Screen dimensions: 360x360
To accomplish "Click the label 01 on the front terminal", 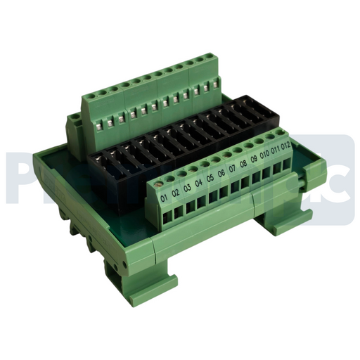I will [165, 199].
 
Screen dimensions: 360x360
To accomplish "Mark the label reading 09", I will [254, 165].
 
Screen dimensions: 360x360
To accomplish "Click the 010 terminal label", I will [264, 160].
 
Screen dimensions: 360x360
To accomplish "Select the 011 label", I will [275, 156].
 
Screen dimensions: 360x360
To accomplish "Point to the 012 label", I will [285, 152].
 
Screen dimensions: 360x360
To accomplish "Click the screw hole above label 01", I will [162, 184].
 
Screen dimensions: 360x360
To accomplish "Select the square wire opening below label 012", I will [285, 166].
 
